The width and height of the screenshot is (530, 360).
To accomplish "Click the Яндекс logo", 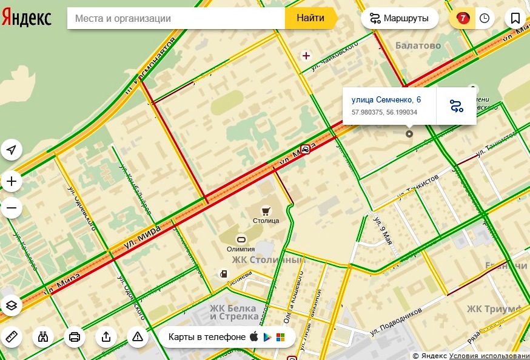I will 27,18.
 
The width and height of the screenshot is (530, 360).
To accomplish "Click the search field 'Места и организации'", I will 176,18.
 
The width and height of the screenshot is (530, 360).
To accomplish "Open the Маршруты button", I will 400,18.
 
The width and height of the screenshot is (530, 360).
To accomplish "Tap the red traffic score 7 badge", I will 463,18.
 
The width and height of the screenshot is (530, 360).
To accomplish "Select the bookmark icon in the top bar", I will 515,18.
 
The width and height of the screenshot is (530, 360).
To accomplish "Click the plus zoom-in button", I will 12,181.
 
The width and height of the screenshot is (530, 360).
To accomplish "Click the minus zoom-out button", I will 12,208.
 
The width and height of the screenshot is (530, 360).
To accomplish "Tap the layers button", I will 12,305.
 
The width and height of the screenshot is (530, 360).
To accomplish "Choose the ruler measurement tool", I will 12,337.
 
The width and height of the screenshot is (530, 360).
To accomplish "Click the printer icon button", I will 75,337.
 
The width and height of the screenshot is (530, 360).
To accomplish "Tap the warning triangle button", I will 138,337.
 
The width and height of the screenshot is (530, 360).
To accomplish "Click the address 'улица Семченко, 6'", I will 386,99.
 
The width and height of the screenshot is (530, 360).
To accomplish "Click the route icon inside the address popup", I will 457,107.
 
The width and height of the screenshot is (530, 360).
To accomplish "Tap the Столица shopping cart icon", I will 266,210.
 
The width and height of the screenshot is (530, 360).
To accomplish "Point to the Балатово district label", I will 418,45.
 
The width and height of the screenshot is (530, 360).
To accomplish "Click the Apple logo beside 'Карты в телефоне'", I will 254,337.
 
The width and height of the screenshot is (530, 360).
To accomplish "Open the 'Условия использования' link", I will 489,356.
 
